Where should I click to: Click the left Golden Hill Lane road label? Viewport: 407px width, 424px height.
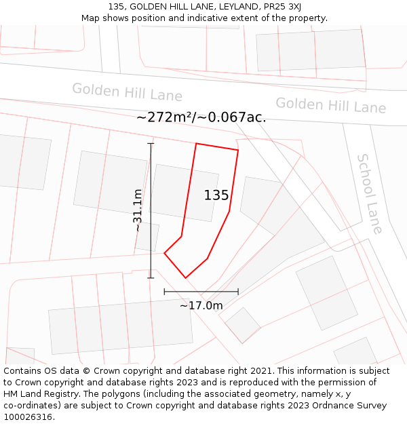click(127, 92)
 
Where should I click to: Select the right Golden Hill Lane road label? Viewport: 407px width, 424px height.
click(330, 105)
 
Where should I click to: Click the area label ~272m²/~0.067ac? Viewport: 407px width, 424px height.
click(201, 117)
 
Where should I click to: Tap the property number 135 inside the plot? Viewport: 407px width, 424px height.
click(216, 195)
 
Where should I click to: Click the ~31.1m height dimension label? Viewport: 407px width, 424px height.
click(138, 210)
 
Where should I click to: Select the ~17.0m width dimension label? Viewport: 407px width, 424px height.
click(201, 306)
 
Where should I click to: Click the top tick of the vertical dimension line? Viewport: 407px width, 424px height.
click(151, 144)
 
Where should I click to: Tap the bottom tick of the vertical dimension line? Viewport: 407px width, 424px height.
click(151, 277)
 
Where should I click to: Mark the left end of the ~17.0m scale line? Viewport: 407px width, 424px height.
click(164, 292)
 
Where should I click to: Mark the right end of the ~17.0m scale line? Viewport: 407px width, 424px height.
click(238, 292)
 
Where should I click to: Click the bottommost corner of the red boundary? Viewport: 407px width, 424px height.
click(185, 277)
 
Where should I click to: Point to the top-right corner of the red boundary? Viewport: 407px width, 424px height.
click(238, 150)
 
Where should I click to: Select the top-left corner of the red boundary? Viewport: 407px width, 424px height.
click(196, 144)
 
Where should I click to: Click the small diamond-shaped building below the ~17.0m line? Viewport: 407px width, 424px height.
click(242, 325)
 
